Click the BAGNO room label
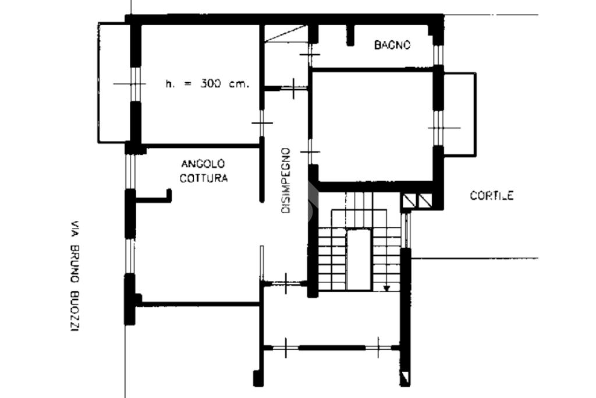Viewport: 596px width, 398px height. [x=392, y=45]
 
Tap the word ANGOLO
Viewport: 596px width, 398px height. [x=203, y=164]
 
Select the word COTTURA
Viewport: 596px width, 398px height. [x=204, y=178]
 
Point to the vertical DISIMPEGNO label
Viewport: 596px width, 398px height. [x=286, y=181]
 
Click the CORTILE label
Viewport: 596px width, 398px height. [x=492, y=196]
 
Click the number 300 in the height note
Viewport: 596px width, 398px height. [x=211, y=84]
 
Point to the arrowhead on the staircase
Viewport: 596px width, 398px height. [x=386, y=288]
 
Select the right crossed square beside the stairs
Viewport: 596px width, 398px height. [x=424, y=200]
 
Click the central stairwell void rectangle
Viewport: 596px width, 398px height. [x=359, y=260]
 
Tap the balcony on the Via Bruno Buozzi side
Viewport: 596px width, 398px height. [x=113, y=83]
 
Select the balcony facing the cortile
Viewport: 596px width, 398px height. [x=460, y=114]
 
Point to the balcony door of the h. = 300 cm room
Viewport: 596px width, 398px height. [x=133, y=84]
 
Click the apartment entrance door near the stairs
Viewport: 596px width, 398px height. [x=285, y=283]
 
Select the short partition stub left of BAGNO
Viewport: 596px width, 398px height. [x=350, y=35]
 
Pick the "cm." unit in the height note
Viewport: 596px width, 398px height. [x=239, y=84]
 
